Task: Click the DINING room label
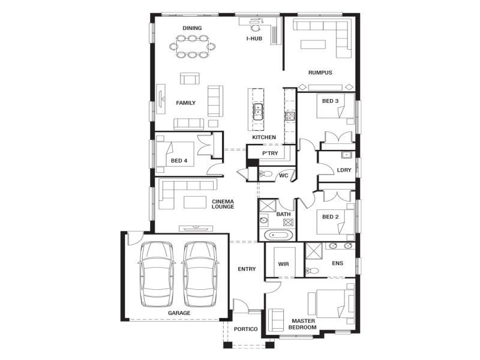point(192,28)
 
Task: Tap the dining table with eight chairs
point(192,47)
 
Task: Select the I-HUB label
point(254,38)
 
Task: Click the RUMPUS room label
point(320,73)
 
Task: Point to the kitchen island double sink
point(258,112)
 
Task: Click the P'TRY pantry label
point(270,153)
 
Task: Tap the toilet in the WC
point(266,174)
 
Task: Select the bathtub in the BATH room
point(278,235)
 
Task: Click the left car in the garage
point(157,274)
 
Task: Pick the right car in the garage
point(200,274)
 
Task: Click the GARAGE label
point(179,313)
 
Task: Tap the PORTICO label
point(245,329)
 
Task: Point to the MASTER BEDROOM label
point(303,324)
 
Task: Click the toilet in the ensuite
point(312,271)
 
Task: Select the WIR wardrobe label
point(283,264)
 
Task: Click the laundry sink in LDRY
point(347,155)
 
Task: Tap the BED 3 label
point(331,101)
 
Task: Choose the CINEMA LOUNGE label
point(223,204)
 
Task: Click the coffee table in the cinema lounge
point(195,202)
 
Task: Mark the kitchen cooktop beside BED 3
point(290,116)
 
